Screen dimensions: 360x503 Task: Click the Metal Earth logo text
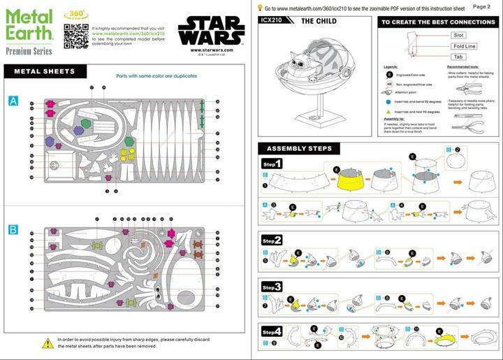click(28, 24)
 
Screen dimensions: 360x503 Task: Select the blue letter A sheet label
click(13, 101)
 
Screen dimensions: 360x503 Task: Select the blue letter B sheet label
click(13, 229)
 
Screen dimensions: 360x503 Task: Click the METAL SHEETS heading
click(44, 71)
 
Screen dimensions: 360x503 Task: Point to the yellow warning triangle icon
click(48, 343)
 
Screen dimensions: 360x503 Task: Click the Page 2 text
click(481, 6)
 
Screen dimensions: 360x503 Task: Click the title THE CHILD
click(318, 22)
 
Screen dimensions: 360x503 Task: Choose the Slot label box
click(458, 34)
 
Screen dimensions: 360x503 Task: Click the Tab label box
click(458, 57)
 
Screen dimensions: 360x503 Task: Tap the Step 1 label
click(272, 164)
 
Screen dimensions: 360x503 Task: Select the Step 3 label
click(272, 287)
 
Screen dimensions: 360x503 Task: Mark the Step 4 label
click(272, 331)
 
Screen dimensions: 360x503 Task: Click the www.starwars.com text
click(206, 50)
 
